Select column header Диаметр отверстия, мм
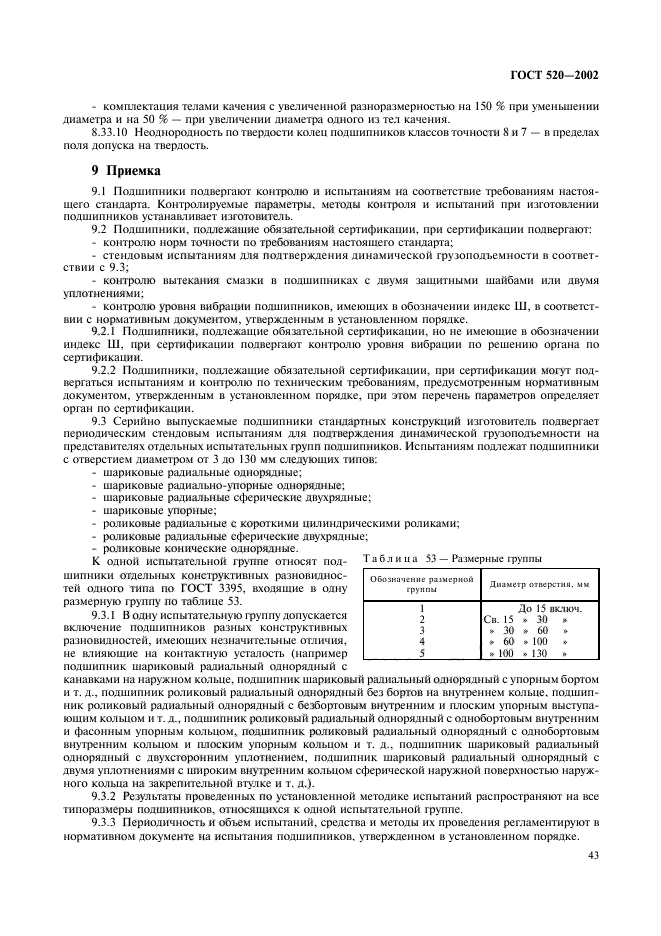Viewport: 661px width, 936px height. (x=535, y=585)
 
